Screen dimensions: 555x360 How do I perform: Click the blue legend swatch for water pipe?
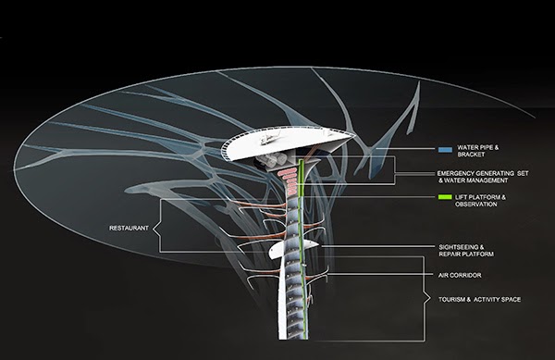tap(445, 150)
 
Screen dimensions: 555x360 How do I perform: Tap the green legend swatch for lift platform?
tap(445, 197)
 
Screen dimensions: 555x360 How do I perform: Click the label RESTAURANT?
tap(129, 229)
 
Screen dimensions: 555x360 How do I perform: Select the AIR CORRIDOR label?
tap(460, 275)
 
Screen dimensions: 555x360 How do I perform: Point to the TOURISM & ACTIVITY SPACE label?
tap(479, 300)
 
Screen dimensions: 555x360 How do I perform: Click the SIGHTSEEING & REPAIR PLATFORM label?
tap(466, 251)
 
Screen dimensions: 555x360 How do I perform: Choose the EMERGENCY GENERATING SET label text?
tap(483, 173)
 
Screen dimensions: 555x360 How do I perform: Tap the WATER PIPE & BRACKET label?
tap(478, 151)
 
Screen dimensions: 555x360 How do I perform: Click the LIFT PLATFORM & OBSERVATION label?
tap(480, 201)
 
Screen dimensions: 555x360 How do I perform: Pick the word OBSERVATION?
tap(476, 205)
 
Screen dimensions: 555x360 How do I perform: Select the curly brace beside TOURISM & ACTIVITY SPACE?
tap(424, 299)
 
